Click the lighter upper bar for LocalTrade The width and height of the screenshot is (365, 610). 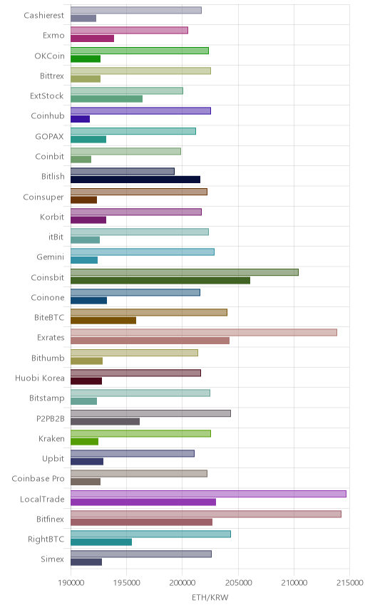click(208, 494)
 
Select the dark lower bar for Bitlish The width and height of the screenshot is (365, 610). click(135, 180)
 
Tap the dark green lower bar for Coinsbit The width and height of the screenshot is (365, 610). click(160, 280)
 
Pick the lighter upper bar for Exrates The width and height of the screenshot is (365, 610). click(204, 333)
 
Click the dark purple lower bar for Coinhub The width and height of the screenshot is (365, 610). click(80, 119)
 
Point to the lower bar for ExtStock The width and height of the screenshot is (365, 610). click(107, 99)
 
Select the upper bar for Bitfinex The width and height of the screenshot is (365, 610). click(206, 514)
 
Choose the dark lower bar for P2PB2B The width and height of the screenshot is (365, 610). click(105, 421)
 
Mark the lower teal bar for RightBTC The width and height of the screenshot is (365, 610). click(101, 542)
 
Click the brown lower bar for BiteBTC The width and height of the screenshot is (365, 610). click(103, 321)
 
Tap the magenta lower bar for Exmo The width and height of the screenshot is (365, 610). click(92, 38)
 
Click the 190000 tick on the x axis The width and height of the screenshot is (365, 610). click(71, 583)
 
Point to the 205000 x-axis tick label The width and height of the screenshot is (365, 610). click(238, 583)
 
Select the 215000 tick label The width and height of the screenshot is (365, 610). click(349, 583)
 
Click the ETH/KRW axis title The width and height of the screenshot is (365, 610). click(210, 597)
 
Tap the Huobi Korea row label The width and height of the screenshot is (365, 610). click(40, 378)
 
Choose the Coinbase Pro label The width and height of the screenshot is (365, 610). click(38, 478)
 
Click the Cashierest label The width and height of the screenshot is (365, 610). click(44, 15)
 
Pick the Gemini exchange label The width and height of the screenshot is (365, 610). click(51, 257)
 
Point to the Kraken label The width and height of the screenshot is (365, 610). click(52, 438)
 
